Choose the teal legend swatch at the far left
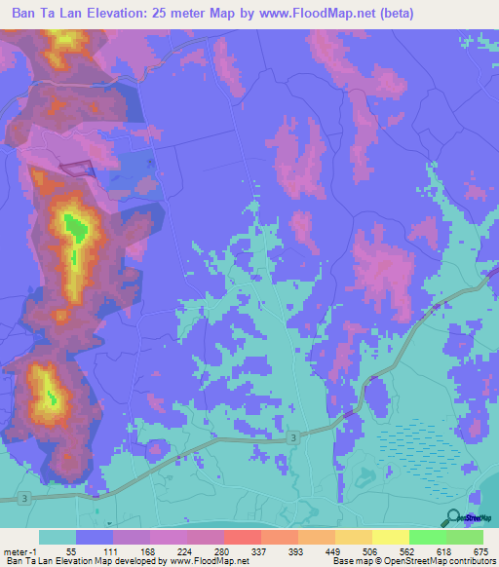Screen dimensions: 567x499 point(58,537)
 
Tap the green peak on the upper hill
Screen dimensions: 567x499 point(75,230)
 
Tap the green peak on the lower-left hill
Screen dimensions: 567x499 point(51,396)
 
